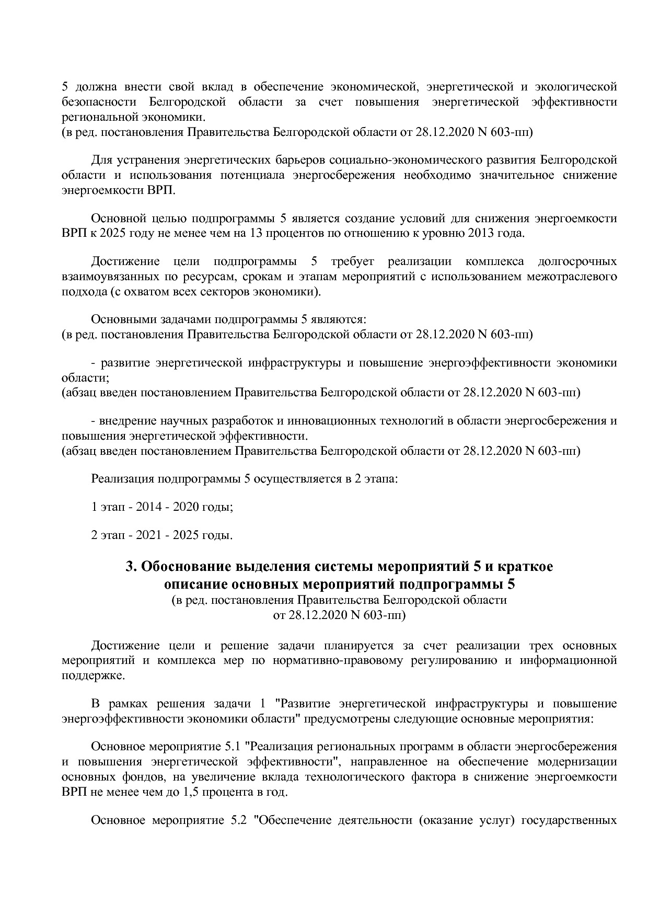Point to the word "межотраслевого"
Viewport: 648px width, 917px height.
pos(572,277)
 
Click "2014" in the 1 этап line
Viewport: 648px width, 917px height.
pos(148,507)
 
